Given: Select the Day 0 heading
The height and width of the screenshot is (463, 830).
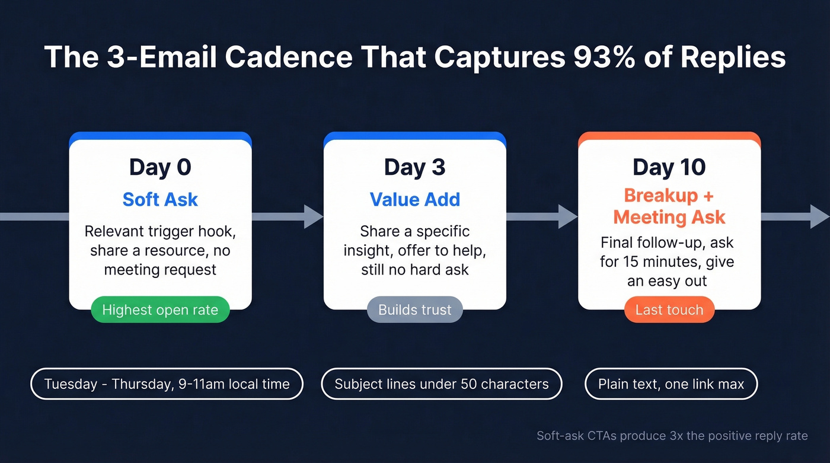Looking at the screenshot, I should pos(160,168).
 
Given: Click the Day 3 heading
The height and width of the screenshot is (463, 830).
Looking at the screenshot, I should pos(414,168).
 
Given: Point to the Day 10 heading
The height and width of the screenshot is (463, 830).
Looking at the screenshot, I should pos(669,168).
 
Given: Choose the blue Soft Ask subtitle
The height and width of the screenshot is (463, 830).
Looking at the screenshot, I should pos(160,199).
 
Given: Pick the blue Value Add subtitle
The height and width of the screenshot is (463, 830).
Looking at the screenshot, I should pos(414,199).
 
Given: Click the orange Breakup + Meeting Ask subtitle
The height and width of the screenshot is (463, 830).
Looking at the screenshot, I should pos(669,206).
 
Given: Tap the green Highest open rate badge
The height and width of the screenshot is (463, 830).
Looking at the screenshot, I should pos(160,309).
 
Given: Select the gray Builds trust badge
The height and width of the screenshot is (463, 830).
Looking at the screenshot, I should pos(414,309).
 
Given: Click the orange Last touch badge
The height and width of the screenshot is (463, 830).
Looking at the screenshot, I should pos(669,309).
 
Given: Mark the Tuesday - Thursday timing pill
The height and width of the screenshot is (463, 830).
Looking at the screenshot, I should pos(167,384).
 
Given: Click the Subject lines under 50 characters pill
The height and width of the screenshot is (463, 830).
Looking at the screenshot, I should pos(441,384).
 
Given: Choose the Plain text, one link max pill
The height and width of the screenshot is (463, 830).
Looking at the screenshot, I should pos(671,384).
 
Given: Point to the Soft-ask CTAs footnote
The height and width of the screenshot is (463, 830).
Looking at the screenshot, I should pos(672,436).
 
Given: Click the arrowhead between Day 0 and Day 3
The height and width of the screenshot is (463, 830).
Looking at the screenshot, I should pos(313,216).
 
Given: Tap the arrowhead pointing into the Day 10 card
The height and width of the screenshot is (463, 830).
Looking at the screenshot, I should pos(568,216).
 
